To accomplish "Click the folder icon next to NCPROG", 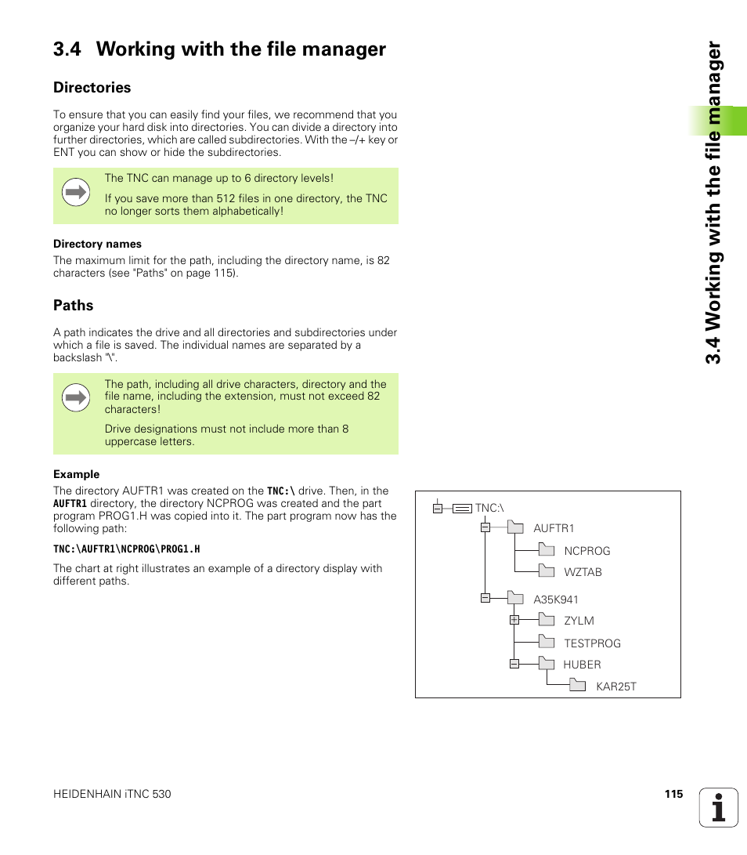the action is [x=547, y=550].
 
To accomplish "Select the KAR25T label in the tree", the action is [x=616, y=687].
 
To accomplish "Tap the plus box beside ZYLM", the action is [x=514, y=620].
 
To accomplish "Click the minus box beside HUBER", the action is [x=514, y=664].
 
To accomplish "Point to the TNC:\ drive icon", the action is [x=462, y=508].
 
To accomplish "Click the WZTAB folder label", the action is [x=583, y=572].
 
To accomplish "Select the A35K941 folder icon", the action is [x=515, y=599].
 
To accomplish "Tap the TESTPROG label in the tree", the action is [x=592, y=643].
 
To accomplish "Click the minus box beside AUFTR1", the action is [x=485, y=527].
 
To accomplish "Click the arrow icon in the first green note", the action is [x=76, y=191].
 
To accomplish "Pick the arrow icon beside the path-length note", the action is [x=76, y=398].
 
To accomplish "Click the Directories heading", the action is [x=92, y=88].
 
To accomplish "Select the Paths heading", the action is [x=73, y=306].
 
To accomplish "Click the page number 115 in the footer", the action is [x=673, y=794].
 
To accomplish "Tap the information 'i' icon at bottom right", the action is [x=719, y=807].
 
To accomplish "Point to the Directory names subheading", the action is [x=97, y=244].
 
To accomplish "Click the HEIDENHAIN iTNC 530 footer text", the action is [x=112, y=795].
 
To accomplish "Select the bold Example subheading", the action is [x=76, y=474].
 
